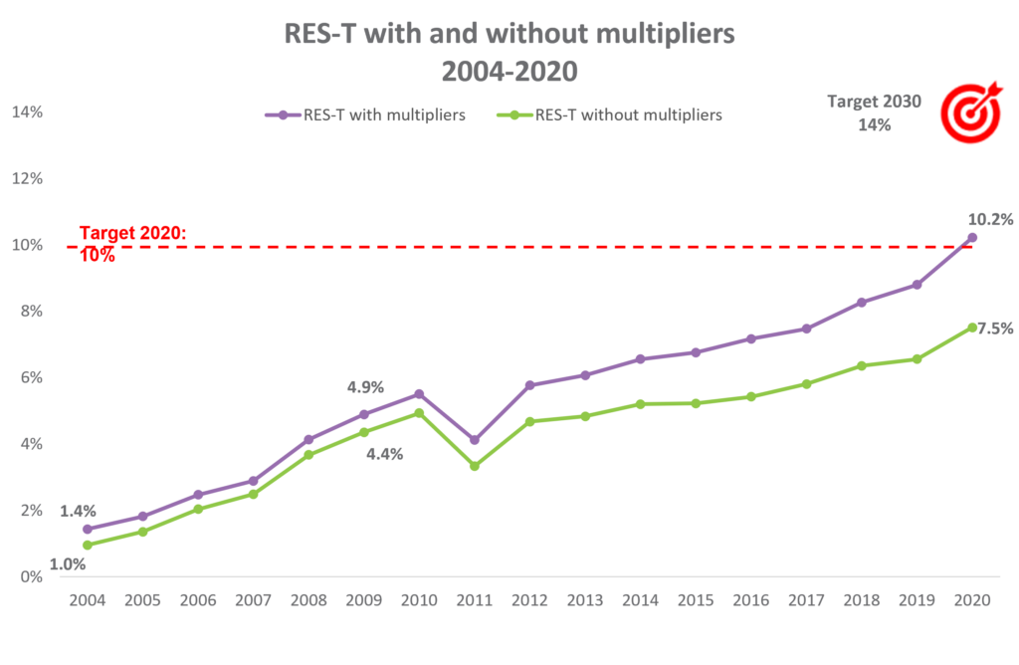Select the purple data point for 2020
tap(972, 238)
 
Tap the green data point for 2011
tap(475, 466)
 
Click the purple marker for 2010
tap(419, 394)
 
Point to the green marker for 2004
tap(88, 546)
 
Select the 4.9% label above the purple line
tap(365, 387)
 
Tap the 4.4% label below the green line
tap(384, 454)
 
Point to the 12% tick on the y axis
tap(27, 178)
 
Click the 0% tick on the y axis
tap(31, 576)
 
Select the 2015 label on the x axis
tap(696, 601)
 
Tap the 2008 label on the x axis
tap(308, 601)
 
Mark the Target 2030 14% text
tap(875, 113)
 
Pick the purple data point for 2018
tap(862, 302)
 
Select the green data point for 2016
tap(751, 396)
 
